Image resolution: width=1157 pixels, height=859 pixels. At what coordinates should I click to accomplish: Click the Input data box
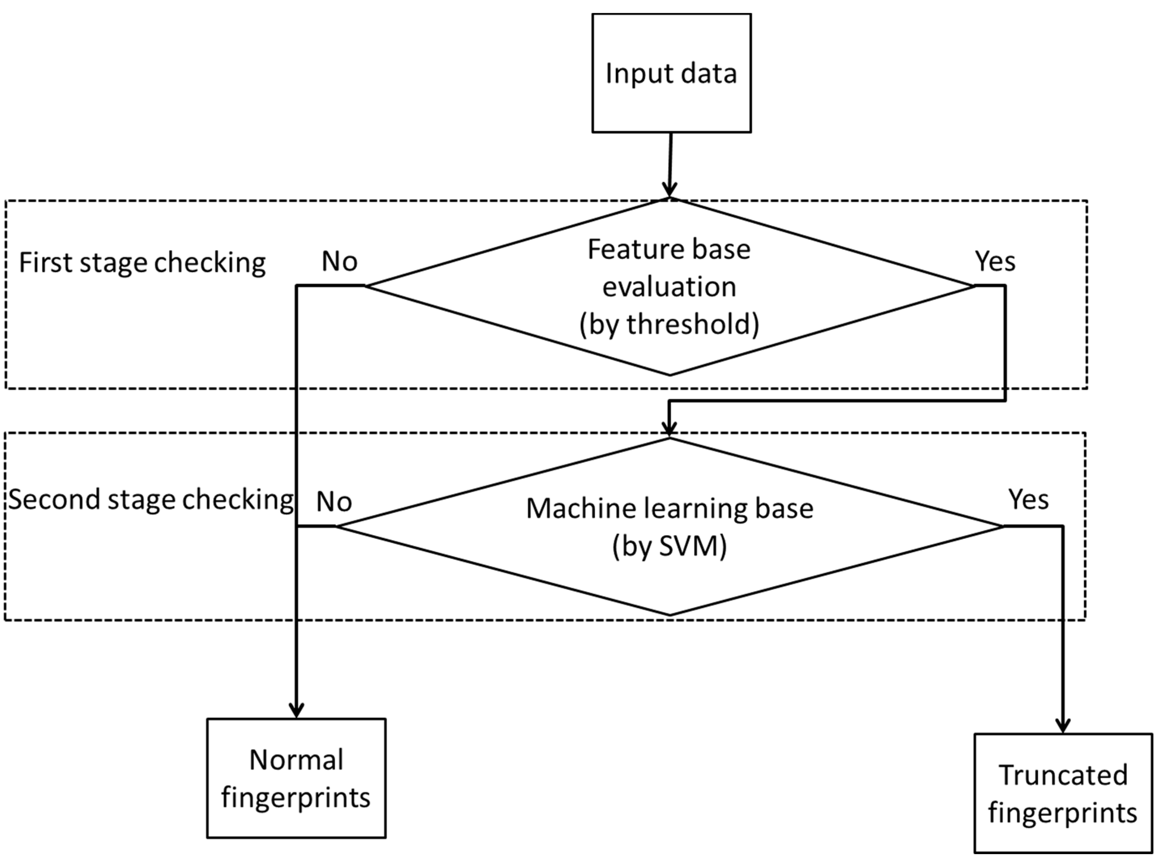click(x=671, y=73)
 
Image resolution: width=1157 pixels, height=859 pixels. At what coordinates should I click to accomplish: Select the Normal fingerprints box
click(x=296, y=778)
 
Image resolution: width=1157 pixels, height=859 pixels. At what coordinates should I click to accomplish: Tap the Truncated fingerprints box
click(x=1063, y=793)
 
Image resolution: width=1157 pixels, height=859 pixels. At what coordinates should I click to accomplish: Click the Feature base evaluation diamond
click(x=670, y=286)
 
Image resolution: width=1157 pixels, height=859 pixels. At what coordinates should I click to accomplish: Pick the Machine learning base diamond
click(x=670, y=527)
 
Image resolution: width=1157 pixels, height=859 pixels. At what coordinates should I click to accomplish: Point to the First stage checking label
click(x=142, y=262)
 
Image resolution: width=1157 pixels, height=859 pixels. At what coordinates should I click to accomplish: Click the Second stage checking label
click(x=151, y=500)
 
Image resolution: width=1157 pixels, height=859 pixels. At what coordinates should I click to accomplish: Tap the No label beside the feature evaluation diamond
click(x=339, y=261)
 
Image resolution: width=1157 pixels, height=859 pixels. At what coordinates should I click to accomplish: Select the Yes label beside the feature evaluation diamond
click(x=995, y=261)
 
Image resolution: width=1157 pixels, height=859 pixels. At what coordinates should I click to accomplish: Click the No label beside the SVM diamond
click(x=334, y=501)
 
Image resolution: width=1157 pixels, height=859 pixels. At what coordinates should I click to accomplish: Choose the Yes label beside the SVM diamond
click(x=1028, y=499)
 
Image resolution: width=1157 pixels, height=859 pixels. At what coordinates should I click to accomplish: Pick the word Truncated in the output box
click(x=1063, y=775)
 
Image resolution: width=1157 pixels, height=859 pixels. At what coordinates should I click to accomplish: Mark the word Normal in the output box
click(x=296, y=760)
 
